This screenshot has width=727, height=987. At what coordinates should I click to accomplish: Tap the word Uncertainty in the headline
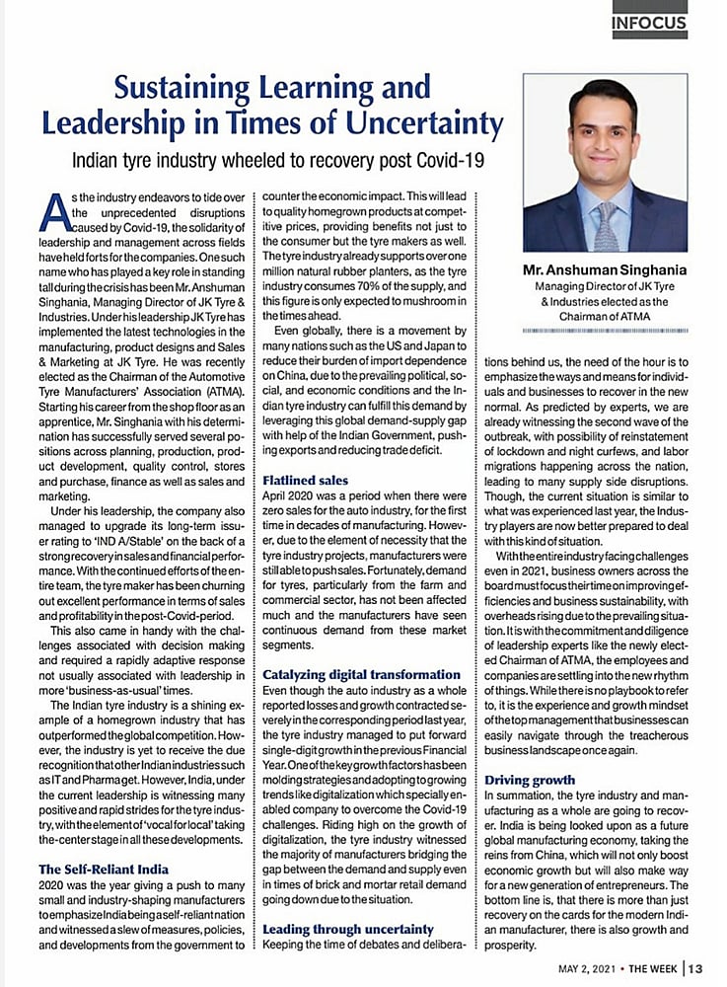tap(414, 124)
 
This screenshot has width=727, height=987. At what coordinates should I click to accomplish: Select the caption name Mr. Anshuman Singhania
tap(605, 268)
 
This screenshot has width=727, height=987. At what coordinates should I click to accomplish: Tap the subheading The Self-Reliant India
tap(104, 869)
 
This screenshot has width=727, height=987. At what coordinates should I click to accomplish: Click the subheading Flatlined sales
tap(306, 481)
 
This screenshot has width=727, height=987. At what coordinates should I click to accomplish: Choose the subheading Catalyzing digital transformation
tap(361, 674)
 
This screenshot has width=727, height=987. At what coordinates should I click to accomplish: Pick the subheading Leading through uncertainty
tap(348, 929)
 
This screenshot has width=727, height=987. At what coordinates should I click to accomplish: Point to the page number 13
tap(695, 967)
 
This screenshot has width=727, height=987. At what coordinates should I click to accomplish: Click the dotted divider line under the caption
tap(605, 327)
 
